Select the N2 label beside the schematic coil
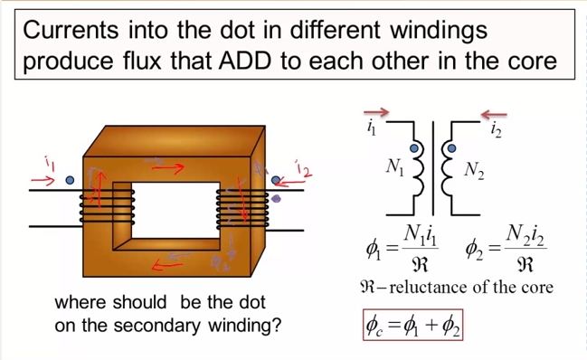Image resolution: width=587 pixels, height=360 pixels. (x=474, y=169)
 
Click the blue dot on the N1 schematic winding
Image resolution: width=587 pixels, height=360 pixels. (x=415, y=148)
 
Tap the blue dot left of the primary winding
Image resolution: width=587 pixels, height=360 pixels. (x=70, y=180)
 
